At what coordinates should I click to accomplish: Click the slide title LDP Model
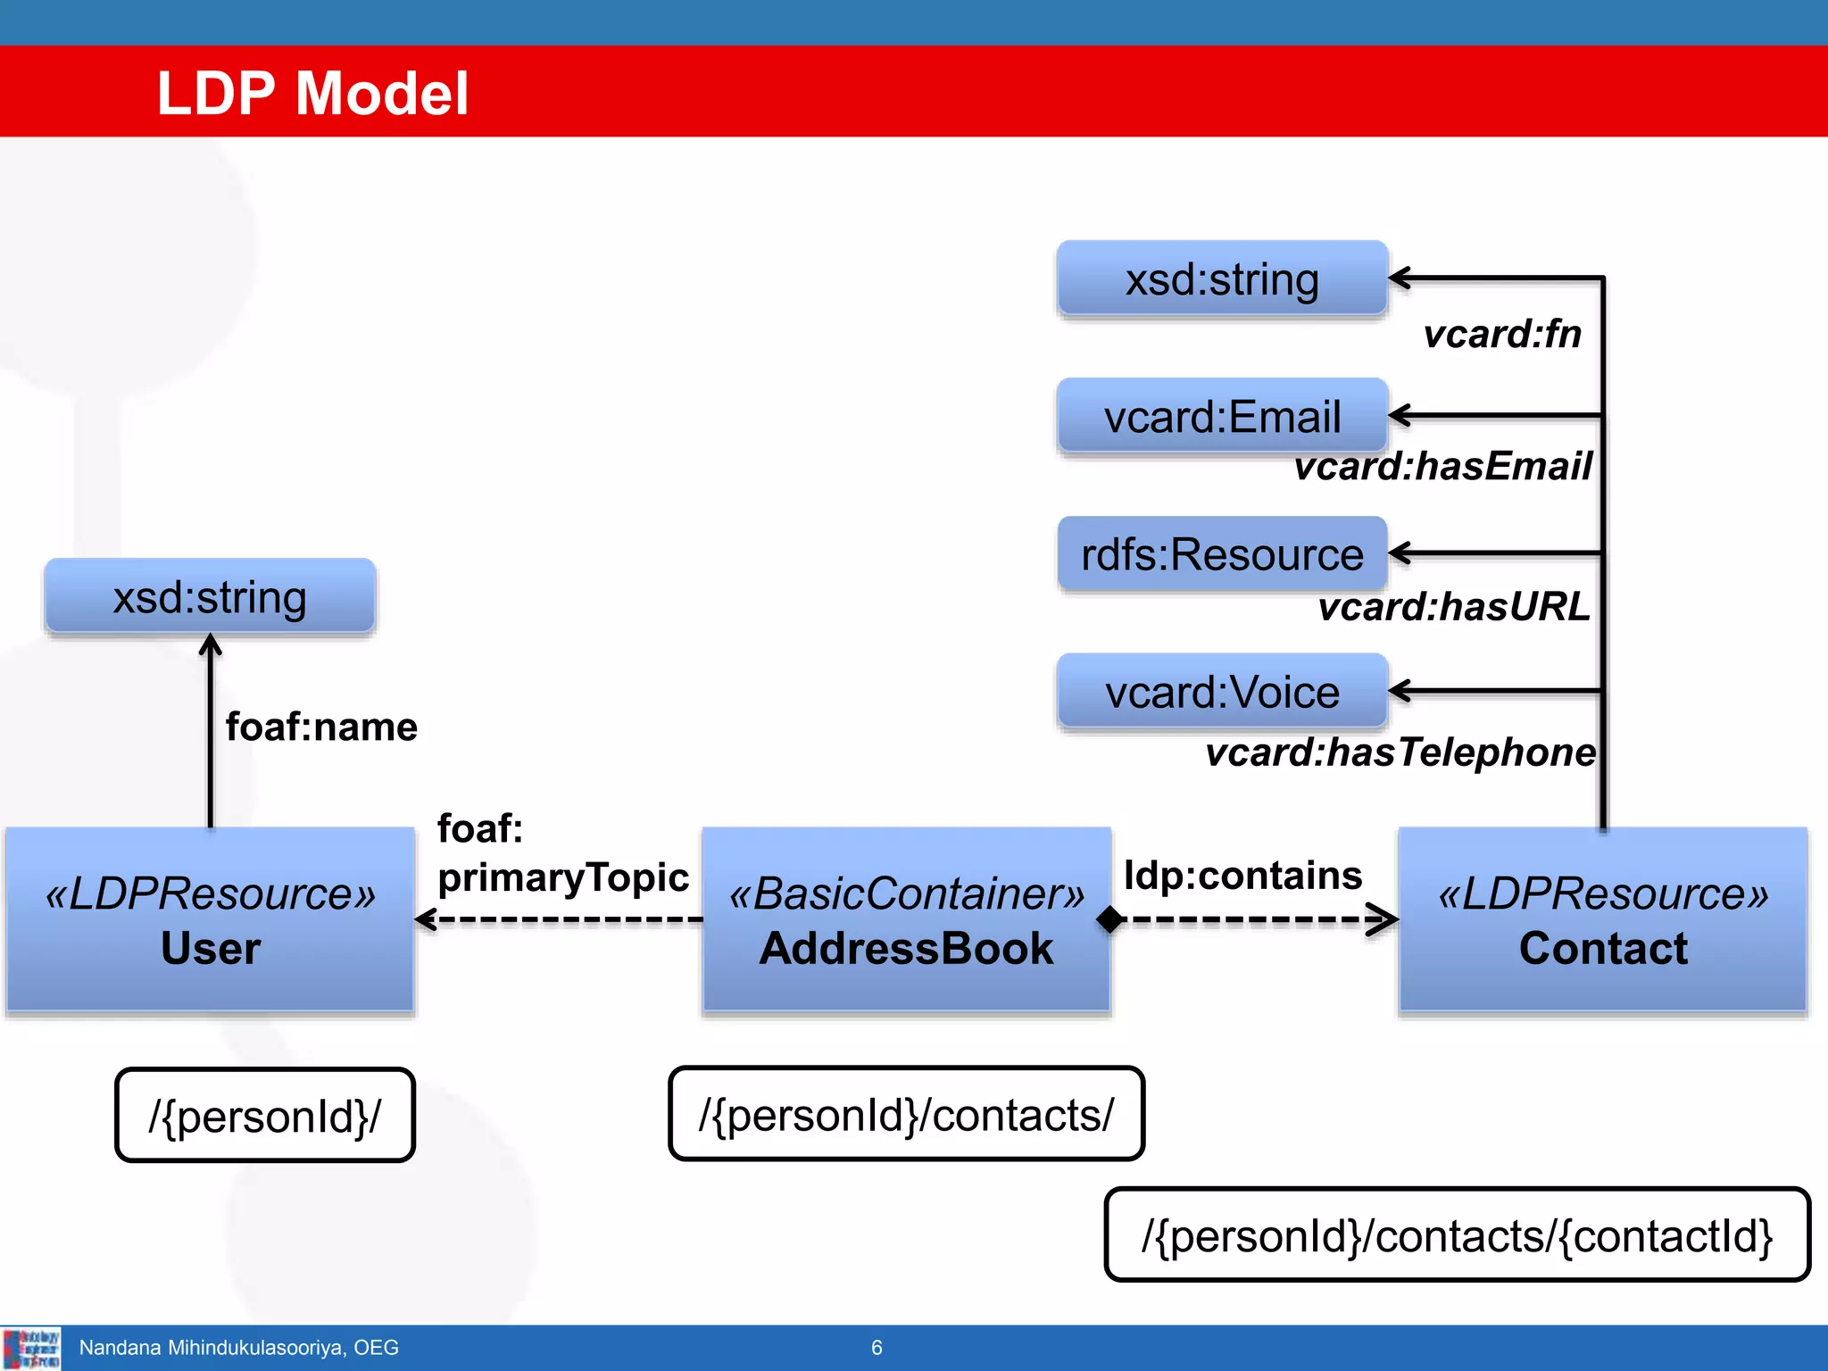click(x=312, y=93)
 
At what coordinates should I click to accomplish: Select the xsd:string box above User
click(x=210, y=596)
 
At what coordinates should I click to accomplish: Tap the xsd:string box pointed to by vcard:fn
click(x=1222, y=279)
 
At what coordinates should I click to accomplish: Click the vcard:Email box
click(x=1222, y=417)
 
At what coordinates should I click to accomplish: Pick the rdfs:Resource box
click(x=1222, y=554)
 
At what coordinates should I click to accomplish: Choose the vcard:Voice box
click(x=1222, y=692)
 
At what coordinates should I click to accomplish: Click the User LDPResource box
click(x=211, y=919)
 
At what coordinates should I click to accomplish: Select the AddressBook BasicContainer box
click(x=906, y=919)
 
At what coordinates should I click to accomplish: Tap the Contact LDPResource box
click(x=1603, y=919)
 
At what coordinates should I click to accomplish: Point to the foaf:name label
click(x=321, y=727)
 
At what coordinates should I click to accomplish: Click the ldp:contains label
click(x=1242, y=876)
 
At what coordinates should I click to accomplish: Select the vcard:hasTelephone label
click(x=1400, y=752)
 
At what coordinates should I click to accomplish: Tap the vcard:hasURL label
click(x=1454, y=607)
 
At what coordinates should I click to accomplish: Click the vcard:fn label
click(x=1502, y=334)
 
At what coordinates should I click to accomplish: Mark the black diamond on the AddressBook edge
click(x=1110, y=918)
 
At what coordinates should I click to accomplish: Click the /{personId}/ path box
click(x=265, y=1115)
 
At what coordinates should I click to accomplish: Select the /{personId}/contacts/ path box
click(x=906, y=1114)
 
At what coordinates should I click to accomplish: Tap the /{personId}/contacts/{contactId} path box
click(x=1457, y=1235)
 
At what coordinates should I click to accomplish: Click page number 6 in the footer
click(x=877, y=1348)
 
